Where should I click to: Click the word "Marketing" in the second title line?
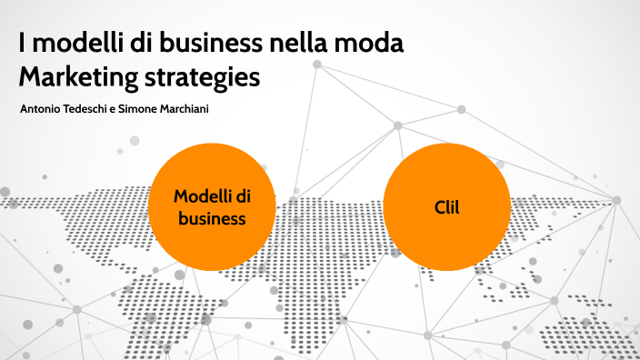[75, 76]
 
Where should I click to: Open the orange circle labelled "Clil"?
[446, 207]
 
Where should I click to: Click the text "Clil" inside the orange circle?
[446, 207]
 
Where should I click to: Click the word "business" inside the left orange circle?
[212, 219]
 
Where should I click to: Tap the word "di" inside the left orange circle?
[243, 195]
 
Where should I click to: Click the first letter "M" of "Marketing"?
[28, 76]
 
